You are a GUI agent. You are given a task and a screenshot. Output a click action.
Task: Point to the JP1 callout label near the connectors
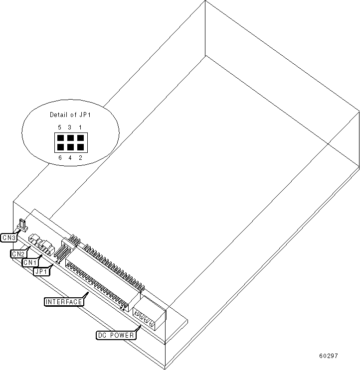pos(41,271)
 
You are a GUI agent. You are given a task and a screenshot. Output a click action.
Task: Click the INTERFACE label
pos(64,302)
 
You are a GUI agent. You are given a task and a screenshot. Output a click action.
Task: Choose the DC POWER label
pos(115,335)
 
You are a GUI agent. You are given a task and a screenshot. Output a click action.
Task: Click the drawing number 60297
pos(329,357)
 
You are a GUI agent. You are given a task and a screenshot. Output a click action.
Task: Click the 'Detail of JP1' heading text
pos(69,115)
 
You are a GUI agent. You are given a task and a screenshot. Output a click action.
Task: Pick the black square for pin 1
pos(80,138)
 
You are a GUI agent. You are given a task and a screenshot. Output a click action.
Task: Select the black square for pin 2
pos(80,147)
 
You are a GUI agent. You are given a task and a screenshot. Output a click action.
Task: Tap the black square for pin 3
pos(70,138)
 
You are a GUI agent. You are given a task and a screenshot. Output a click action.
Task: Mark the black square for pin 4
pos(70,147)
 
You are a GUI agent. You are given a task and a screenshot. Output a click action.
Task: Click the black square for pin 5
pos(60,138)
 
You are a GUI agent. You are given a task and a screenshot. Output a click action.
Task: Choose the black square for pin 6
pos(60,147)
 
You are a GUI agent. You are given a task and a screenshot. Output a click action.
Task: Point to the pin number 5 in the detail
pos(59,127)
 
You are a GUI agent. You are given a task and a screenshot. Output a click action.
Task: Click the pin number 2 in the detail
pos(80,158)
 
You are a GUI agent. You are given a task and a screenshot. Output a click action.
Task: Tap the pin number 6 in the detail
pos(59,158)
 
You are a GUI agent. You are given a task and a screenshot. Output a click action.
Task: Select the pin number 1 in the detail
pos(80,127)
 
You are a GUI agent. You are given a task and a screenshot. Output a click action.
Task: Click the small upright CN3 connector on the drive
pos(21,226)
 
